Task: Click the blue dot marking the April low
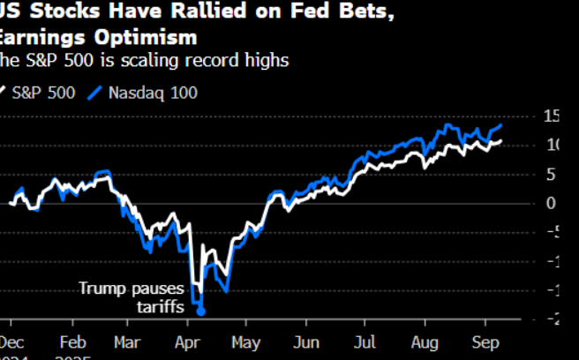click(201, 311)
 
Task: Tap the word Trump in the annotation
click(102, 288)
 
